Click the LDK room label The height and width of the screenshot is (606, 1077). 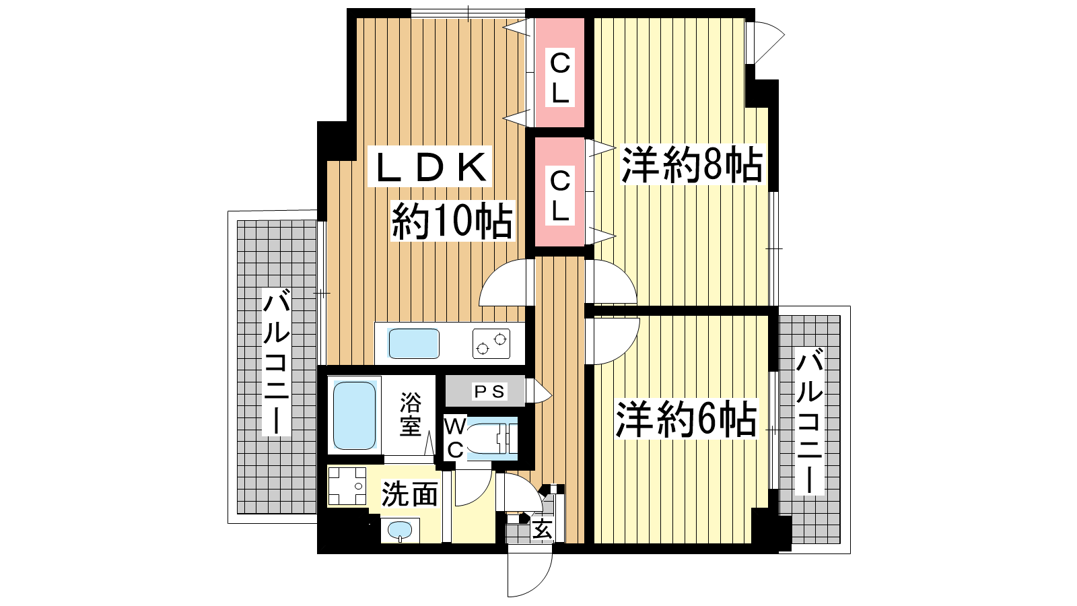click(430, 167)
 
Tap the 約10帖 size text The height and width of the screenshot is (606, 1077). click(452, 222)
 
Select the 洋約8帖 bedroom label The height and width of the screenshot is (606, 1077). click(692, 164)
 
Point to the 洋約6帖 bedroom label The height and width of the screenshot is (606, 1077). click(686, 419)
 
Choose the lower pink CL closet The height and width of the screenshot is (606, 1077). click(560, 193)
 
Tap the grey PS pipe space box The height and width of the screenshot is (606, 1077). click(485, 391)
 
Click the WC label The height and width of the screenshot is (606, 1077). click(454, 438)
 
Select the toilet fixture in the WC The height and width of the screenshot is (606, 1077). click(491, 438)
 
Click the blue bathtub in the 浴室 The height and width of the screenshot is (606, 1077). click(354, 415)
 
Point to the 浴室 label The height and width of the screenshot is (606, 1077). click(410, 414)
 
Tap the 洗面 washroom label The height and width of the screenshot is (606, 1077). click(410, 494)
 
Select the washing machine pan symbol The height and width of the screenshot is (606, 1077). click(347, 485)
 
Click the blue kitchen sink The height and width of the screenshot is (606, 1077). click(414, 343)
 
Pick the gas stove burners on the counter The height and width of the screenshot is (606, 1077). click(491, 343)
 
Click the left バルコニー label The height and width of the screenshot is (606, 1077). click(276, 362)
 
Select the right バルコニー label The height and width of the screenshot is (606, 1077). click(810, 424)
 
